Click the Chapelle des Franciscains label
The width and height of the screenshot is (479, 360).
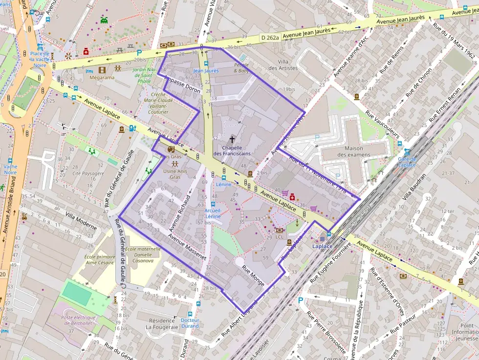(232, 150)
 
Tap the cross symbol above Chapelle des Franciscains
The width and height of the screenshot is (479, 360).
(232, 140)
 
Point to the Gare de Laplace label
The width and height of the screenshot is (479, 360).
(407, 162)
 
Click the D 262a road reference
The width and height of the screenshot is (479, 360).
(270, 38)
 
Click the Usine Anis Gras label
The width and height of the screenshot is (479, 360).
(175, 174)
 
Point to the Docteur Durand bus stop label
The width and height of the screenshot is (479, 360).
(190, 323)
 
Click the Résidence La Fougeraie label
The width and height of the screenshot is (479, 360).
(162, 324)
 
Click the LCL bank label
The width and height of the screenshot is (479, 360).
(280, 237)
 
